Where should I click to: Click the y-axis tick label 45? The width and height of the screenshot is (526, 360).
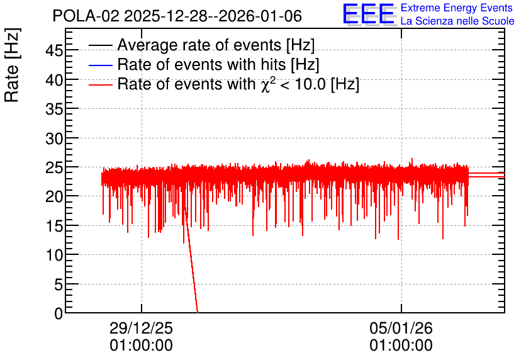[x=54, y=51]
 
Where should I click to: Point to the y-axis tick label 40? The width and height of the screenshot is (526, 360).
[x=54, y=81]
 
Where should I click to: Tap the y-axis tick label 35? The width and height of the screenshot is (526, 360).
[x=54, y=110]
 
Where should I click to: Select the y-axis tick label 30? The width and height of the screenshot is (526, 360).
[x=54, y=138]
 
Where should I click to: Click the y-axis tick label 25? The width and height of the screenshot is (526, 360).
[x=54, y=168]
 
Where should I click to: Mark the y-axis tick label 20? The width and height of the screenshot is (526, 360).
[x=54, y=197]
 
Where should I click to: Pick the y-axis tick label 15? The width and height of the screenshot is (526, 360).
[x=54, y=227]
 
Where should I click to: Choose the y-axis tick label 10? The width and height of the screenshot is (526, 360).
[x=54, y=256]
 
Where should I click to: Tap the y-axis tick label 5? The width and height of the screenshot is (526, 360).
[x=59, y=285]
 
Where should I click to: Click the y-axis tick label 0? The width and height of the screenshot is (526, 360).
[x=59, y=313]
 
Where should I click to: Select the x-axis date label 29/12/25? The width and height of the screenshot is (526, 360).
[x=141, y=328]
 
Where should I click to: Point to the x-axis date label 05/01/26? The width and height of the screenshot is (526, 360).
[x=401, y=328]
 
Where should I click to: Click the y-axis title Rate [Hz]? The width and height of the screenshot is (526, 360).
[x=12, y=65]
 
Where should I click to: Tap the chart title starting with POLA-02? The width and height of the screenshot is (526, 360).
[x=177, y=16]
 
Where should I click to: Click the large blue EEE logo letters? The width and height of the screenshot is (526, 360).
[x=369, y=14]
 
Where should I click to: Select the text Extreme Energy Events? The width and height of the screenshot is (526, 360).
[x=457, y=8]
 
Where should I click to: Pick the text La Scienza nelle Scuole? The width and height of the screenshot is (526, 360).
[x=457, y=21]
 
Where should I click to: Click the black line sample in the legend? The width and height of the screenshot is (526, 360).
[x=100, y=45]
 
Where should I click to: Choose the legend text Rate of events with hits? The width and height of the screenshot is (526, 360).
[x=202, y=64]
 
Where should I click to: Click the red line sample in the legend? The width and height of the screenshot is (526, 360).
[x=100, y=85]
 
